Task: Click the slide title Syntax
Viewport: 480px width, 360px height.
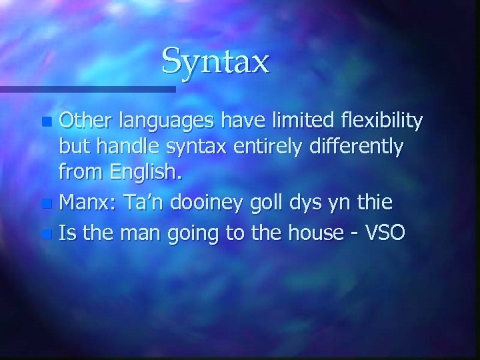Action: (215, 61)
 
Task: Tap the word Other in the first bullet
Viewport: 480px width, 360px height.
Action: (85, 122)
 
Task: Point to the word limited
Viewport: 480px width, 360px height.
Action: (305, 122)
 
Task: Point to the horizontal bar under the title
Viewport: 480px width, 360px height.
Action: (87, 88)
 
